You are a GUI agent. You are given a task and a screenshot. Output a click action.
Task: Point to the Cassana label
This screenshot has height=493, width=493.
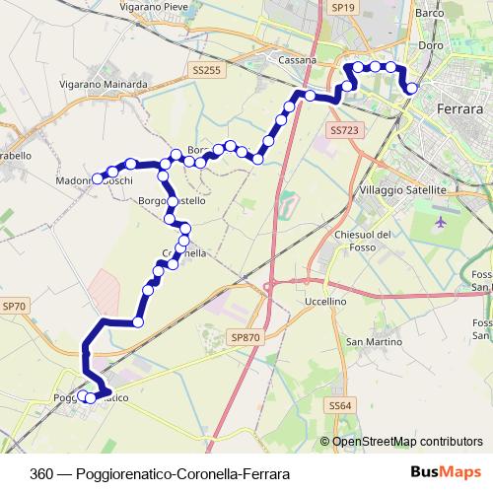tap(296, 60)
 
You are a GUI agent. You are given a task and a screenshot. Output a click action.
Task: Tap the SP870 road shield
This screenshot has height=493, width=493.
tap(246, 337)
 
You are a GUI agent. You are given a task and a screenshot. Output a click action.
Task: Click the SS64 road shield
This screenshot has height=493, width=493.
tap(340, 405)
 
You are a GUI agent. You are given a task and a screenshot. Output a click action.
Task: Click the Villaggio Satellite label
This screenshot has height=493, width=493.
tap(404, 189)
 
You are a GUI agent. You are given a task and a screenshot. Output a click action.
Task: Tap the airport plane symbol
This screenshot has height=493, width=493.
tap(439, 219)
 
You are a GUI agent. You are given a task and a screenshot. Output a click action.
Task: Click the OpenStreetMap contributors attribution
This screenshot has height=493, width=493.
tap(407, 441)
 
